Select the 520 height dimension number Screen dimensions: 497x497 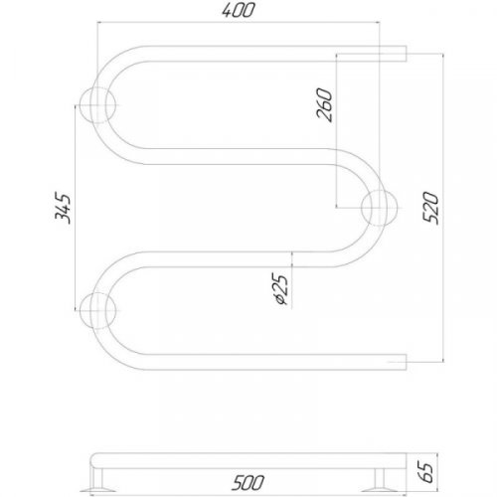point(429,207)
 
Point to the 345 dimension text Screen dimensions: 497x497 point(63,209)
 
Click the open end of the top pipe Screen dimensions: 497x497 point(404,54)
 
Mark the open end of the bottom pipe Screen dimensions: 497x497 point(404,359)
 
